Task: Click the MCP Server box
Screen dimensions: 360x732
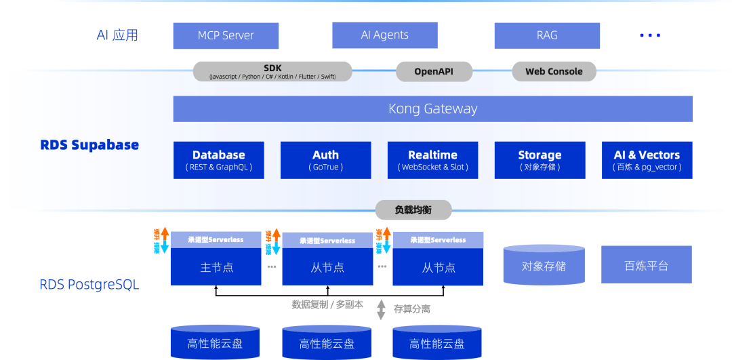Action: pyautogui.click(x=226, y=36)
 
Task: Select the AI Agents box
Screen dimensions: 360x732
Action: pyautogui.click(x=384, y=35)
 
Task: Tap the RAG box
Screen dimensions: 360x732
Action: pyautogui.click(x=546, y=35)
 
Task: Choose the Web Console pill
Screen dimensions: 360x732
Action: pyautogui.click(x=554, y=71)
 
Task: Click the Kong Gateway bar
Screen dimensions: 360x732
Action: pyautogui.click(x=432, y=108)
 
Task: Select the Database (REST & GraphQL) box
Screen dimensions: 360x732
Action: pyautogui.click(x=218, y=160)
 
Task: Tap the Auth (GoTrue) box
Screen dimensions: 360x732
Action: pyautogui.click(x=325, y=160)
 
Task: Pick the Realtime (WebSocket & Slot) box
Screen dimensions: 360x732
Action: pyautogui.click(x=432, y=160)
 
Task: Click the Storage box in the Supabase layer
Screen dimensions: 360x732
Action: pyautogui.click(x=540, y=160)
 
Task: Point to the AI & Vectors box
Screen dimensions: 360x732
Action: pyautogui.click(x=647, y=160)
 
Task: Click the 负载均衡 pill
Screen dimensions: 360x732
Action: pyautogui.click(x=413, y=209)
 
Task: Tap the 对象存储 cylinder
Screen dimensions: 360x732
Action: pyautogui.click(x=544, y=265)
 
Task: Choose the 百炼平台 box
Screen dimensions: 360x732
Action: pyautogui.click(x=646, y=264)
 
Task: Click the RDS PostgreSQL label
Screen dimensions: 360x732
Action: pyautogui.click(x=89, y=285)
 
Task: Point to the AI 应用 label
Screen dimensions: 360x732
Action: pyautogui.click(x=117, y=35)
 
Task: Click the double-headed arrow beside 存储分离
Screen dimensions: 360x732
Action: pyautogui.click(x=381, y=308)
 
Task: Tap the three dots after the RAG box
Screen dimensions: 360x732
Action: pyautogui.click(x=649, y=35)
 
